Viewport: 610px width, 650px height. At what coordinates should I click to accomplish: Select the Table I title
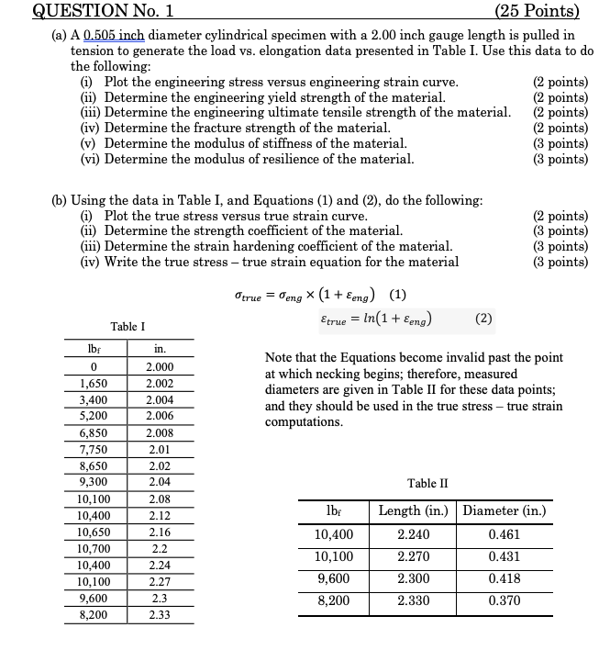pyautogui.click(x=128, y=327)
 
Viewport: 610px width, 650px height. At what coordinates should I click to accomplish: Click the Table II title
pyautogui.click(x=427, y=484)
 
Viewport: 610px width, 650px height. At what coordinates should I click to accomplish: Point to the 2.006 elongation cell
pyautogui.click(x=159, y=416)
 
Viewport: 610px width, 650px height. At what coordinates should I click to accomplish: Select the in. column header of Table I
pyautogui.click(x=159, y=350)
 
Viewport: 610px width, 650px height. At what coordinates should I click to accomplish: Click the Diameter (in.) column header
pyautogui.click(x=505, y=510)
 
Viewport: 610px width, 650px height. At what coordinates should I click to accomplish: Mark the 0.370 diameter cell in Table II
pyautogui.click(x=505, y=600)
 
